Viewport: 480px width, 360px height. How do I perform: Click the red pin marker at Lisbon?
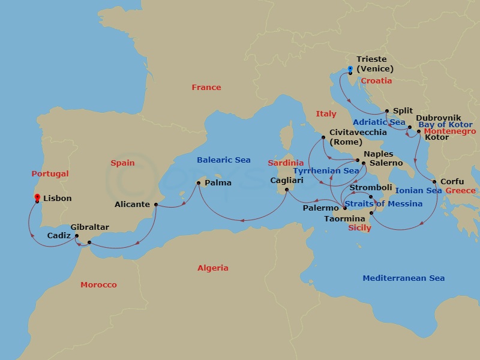(x=37, y=198)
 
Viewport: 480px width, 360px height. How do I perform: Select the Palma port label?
(x=218, y=182)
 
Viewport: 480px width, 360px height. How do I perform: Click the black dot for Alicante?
(x=155, y=205)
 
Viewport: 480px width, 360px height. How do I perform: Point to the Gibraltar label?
(x=89, y=227)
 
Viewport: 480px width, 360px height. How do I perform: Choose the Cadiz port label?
(x=59, y=236)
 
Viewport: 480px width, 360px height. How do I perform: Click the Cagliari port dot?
(x=286, y=190)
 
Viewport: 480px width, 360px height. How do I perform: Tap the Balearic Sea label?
(x=224, y=160)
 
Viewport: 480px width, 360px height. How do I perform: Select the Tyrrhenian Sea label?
(x=326, y=171)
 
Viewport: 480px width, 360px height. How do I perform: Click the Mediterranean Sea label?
(x=403, y=278)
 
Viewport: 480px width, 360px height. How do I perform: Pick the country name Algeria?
(x=213, y=268)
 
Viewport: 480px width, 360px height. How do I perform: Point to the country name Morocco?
(x=98, y=284)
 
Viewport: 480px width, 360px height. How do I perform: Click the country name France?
(x=206, y=88)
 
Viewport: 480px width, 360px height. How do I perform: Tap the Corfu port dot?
(x=434, y=181)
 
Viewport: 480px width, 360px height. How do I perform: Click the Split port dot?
(x=387, y=111)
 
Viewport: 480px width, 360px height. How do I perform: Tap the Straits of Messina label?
(x=383, y=204)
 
